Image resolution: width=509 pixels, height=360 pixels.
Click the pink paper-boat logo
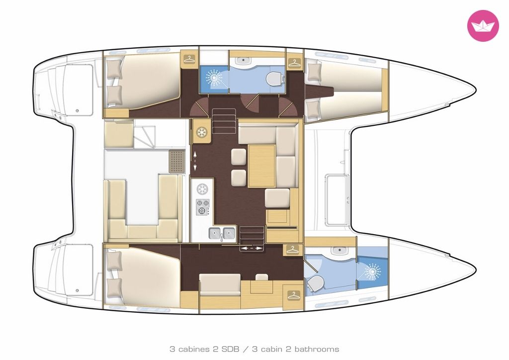coord(483,26)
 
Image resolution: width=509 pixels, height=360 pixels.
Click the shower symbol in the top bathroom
coord(214,78)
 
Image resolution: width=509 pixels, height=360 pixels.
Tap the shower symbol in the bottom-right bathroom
coord(372,271)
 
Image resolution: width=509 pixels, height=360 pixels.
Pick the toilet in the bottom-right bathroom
coord(315,284)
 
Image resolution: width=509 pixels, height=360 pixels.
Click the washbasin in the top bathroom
coord(241,60)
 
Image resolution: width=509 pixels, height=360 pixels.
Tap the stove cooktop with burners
coord(203,207)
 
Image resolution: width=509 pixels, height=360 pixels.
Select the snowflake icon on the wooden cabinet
coord(202,132)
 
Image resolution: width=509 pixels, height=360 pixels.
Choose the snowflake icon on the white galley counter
coord(203,188)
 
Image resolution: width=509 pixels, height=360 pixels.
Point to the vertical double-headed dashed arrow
coord(195,161)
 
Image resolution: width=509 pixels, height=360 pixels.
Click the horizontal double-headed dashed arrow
coord(251,248)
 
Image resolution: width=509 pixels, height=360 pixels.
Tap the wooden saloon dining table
coord(261,166)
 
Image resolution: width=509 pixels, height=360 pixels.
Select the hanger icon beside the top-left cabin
coord(189,59)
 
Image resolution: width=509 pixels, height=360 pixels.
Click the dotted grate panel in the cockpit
coord(176,161)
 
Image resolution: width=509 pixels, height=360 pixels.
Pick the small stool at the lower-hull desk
coord(261,277)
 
